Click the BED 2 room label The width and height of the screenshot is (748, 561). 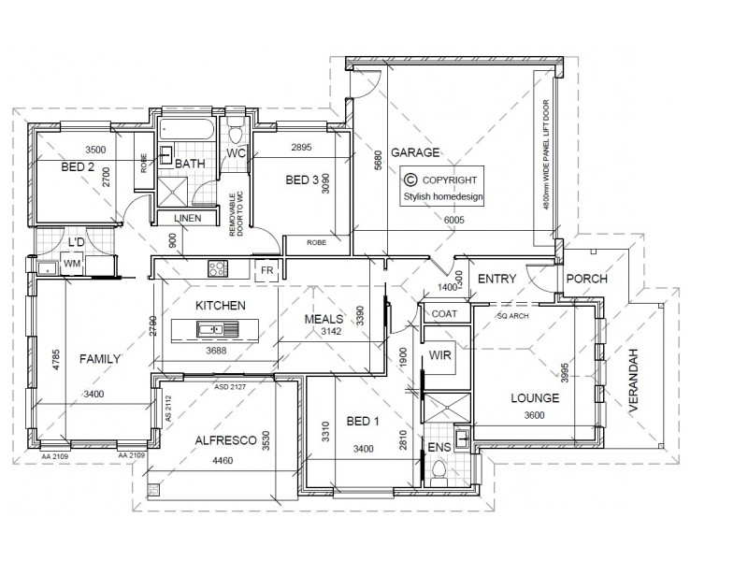(x=79, y=167)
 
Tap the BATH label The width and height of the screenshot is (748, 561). (x=191, y=165)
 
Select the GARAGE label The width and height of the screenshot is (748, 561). (x=416, y=152)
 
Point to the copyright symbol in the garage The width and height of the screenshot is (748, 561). (x=409, y=180)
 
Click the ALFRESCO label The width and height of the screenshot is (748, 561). (x=220, y=439)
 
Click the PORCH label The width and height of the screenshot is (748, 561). (x=587, y=279)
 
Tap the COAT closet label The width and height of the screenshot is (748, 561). (x=444, y=314)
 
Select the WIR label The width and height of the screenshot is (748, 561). (x=440, y=356)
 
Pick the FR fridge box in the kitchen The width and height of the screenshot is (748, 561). (x=266, y=270)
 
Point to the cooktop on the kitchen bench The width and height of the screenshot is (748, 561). (x=218, y=269)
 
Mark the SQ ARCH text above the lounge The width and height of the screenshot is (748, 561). (x=514, y=317)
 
